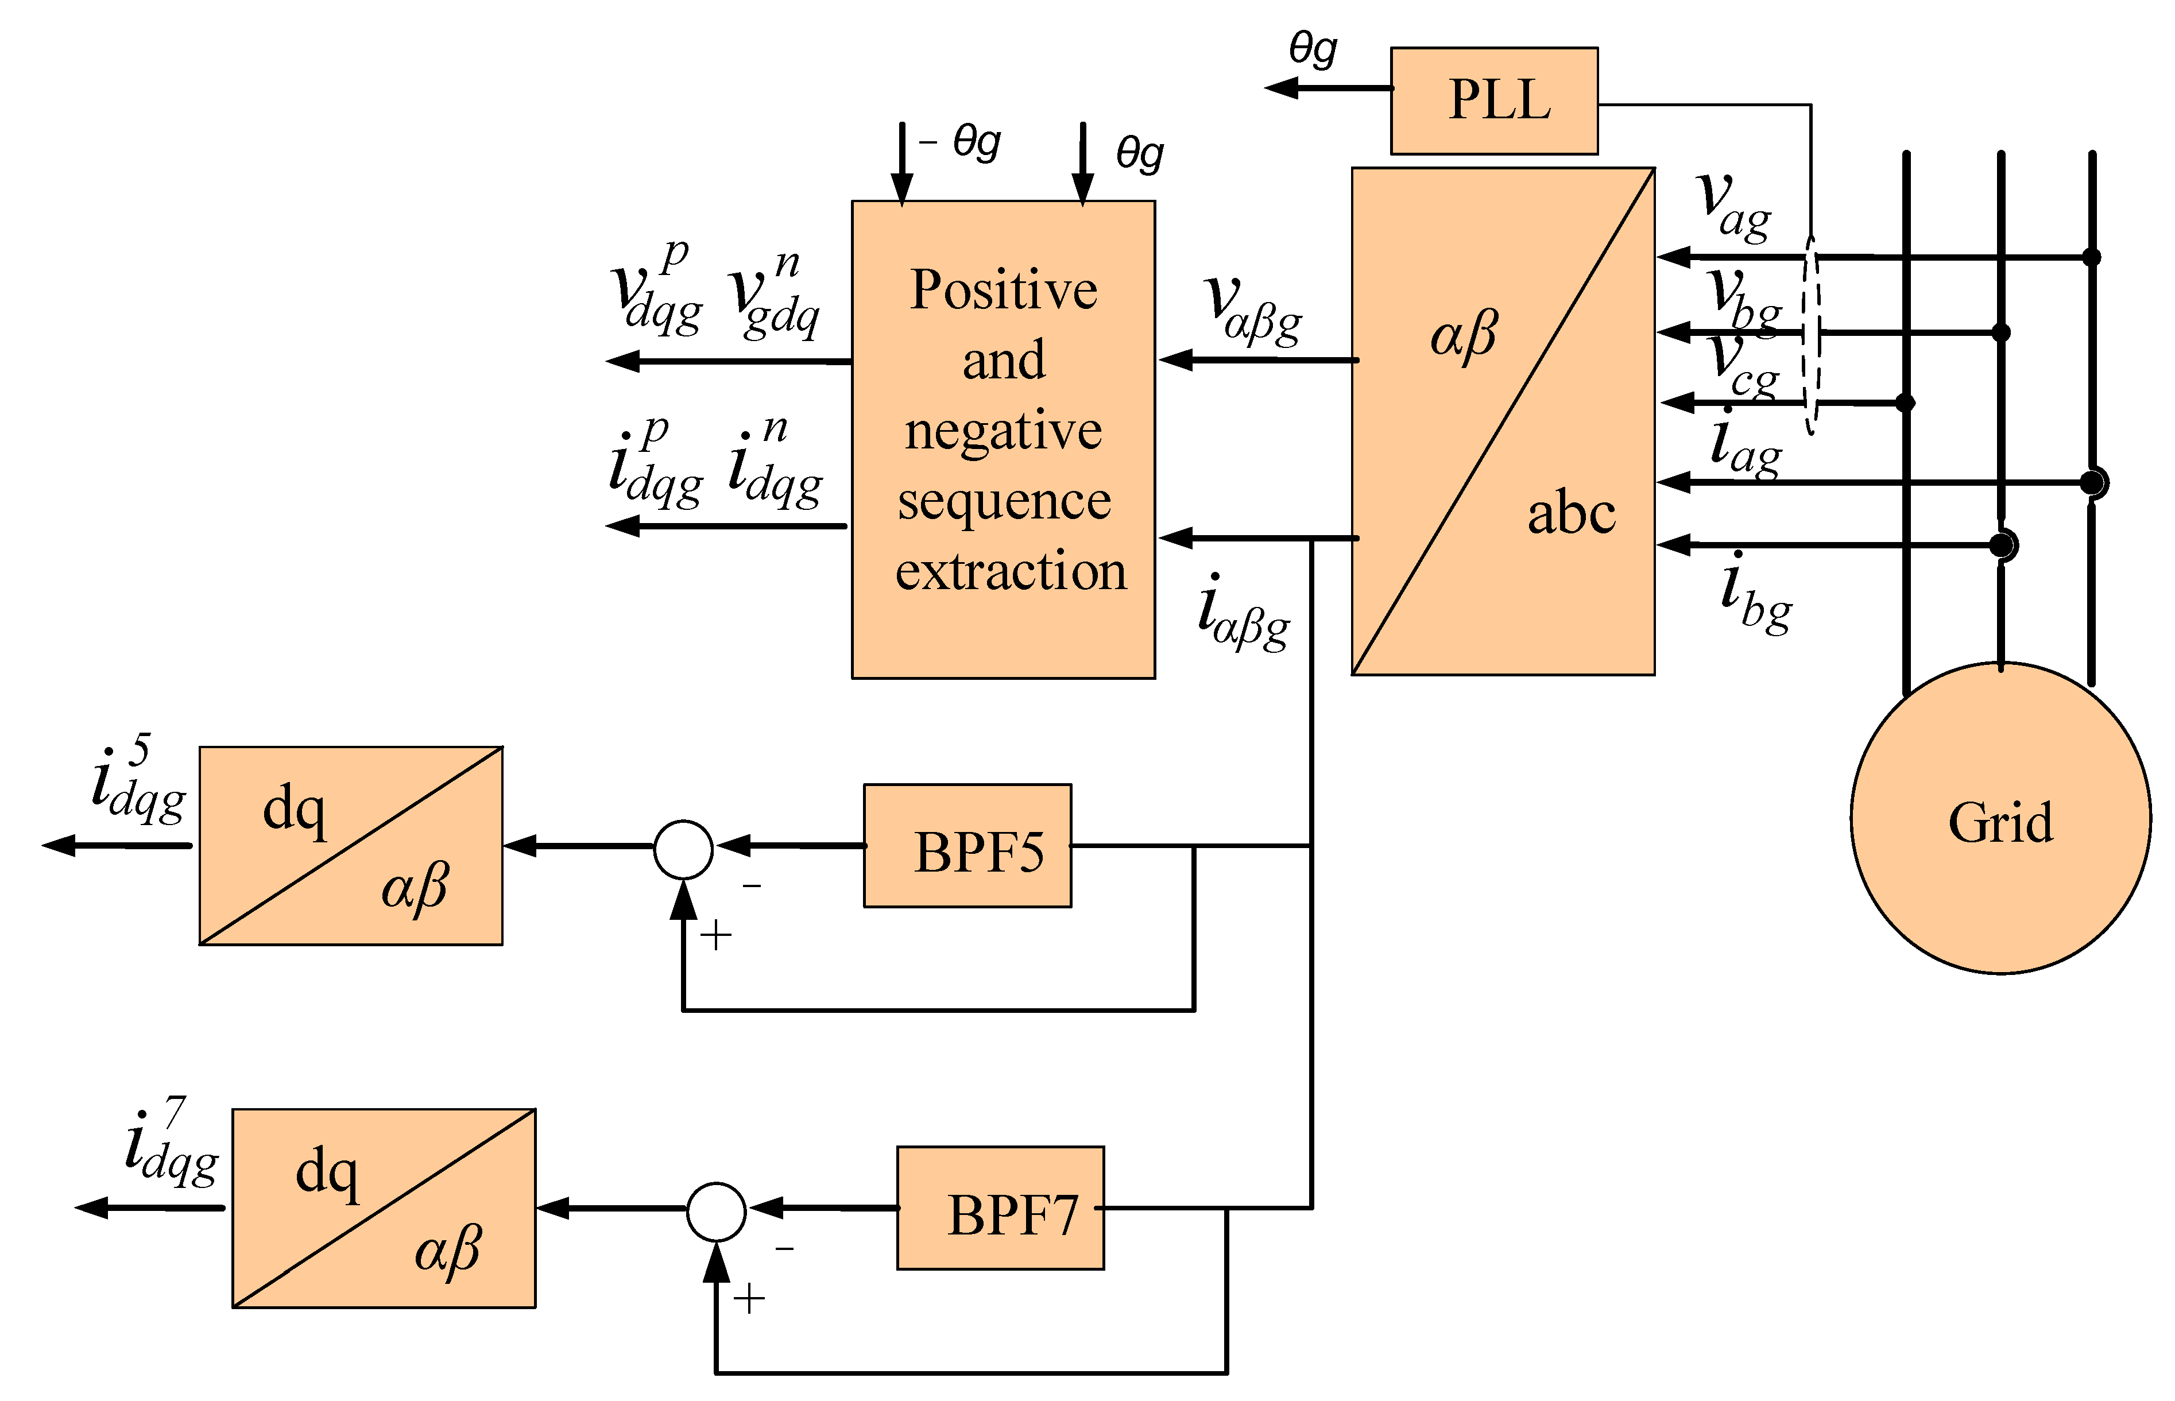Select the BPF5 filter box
point(967,845)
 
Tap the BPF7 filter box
point(1001,1208)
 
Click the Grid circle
point(2000,818)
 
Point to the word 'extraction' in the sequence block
point(1011,571)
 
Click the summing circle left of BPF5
point(683,849)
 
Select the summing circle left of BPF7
point(716,1212)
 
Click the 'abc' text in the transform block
point(1571,512)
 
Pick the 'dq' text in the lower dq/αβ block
point(327,1172)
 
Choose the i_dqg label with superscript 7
point(171,1141)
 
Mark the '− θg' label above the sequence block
point(959,143)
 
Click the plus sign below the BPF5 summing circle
point(716,935)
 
